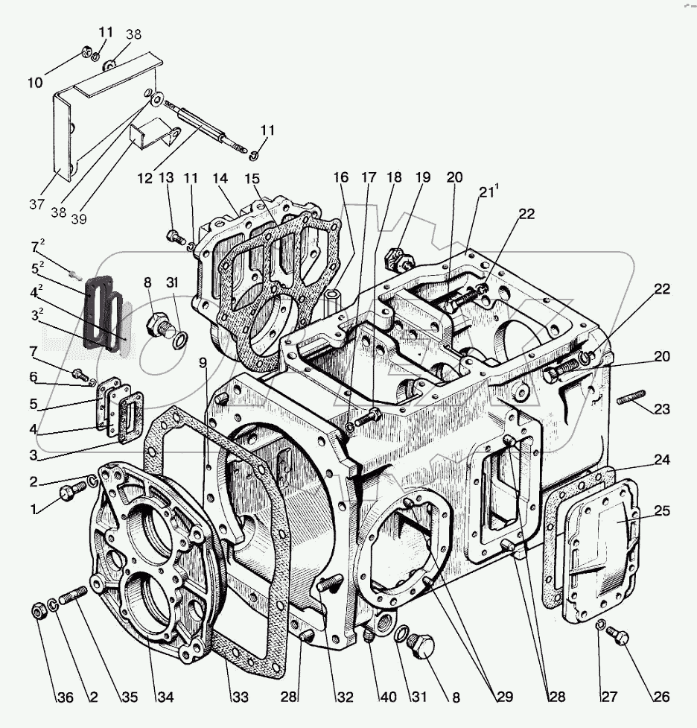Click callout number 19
coord(424,178)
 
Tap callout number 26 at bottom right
coord(661,697)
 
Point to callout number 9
coord(203,364)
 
